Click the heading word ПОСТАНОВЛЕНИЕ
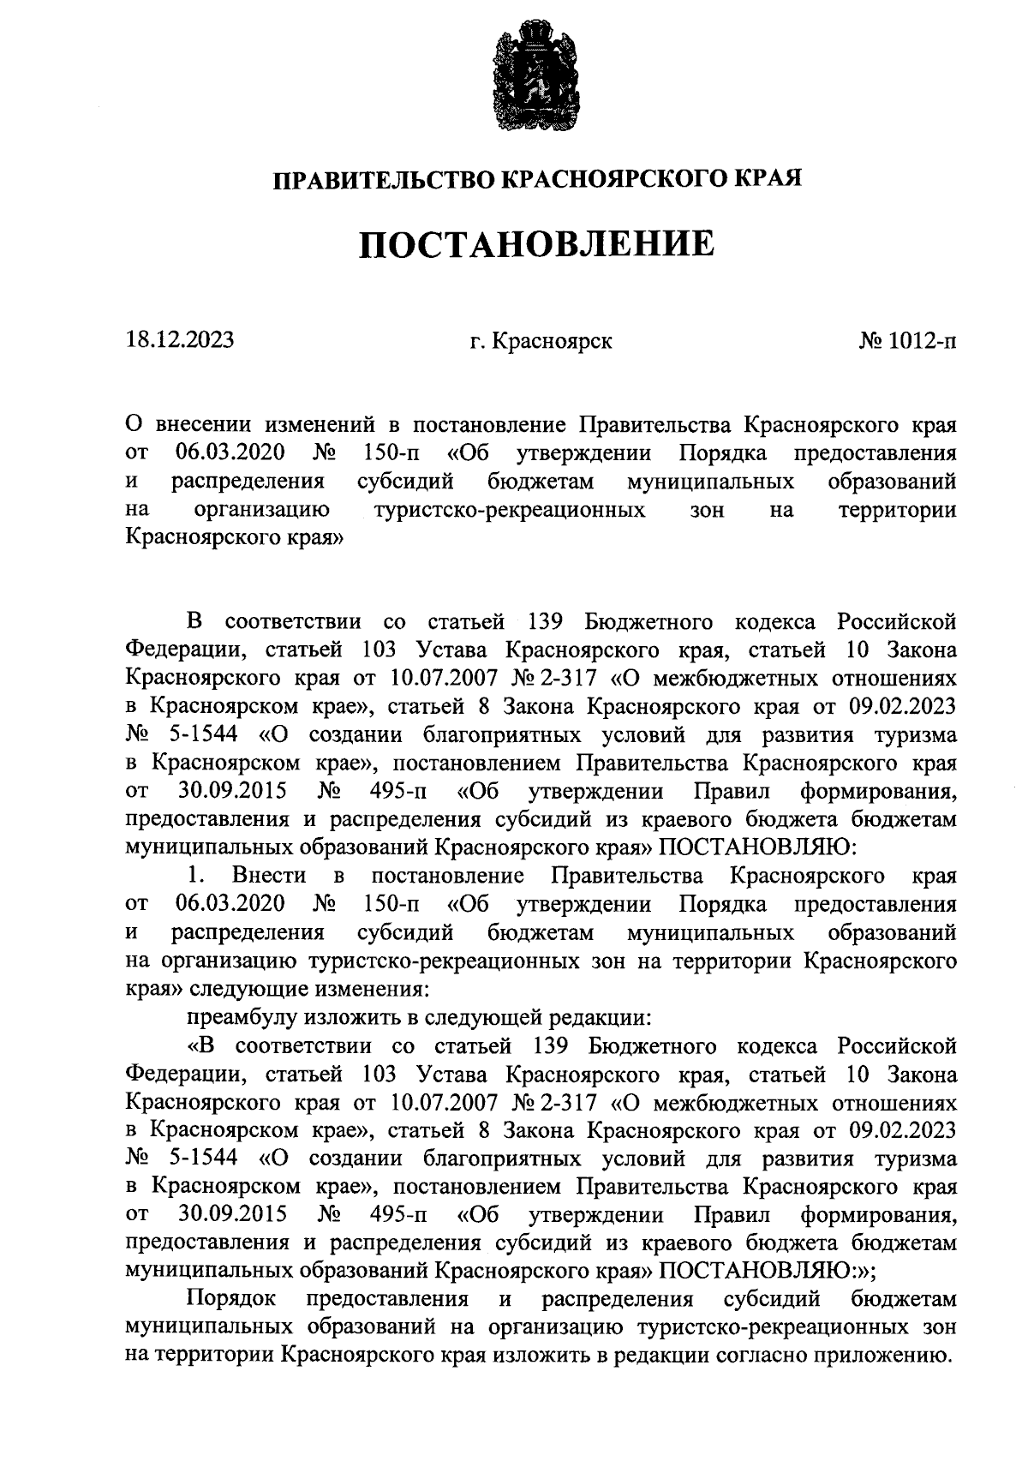coord(536,245)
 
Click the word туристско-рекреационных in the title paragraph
coord(511,511)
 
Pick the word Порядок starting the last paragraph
coord(231,1299)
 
